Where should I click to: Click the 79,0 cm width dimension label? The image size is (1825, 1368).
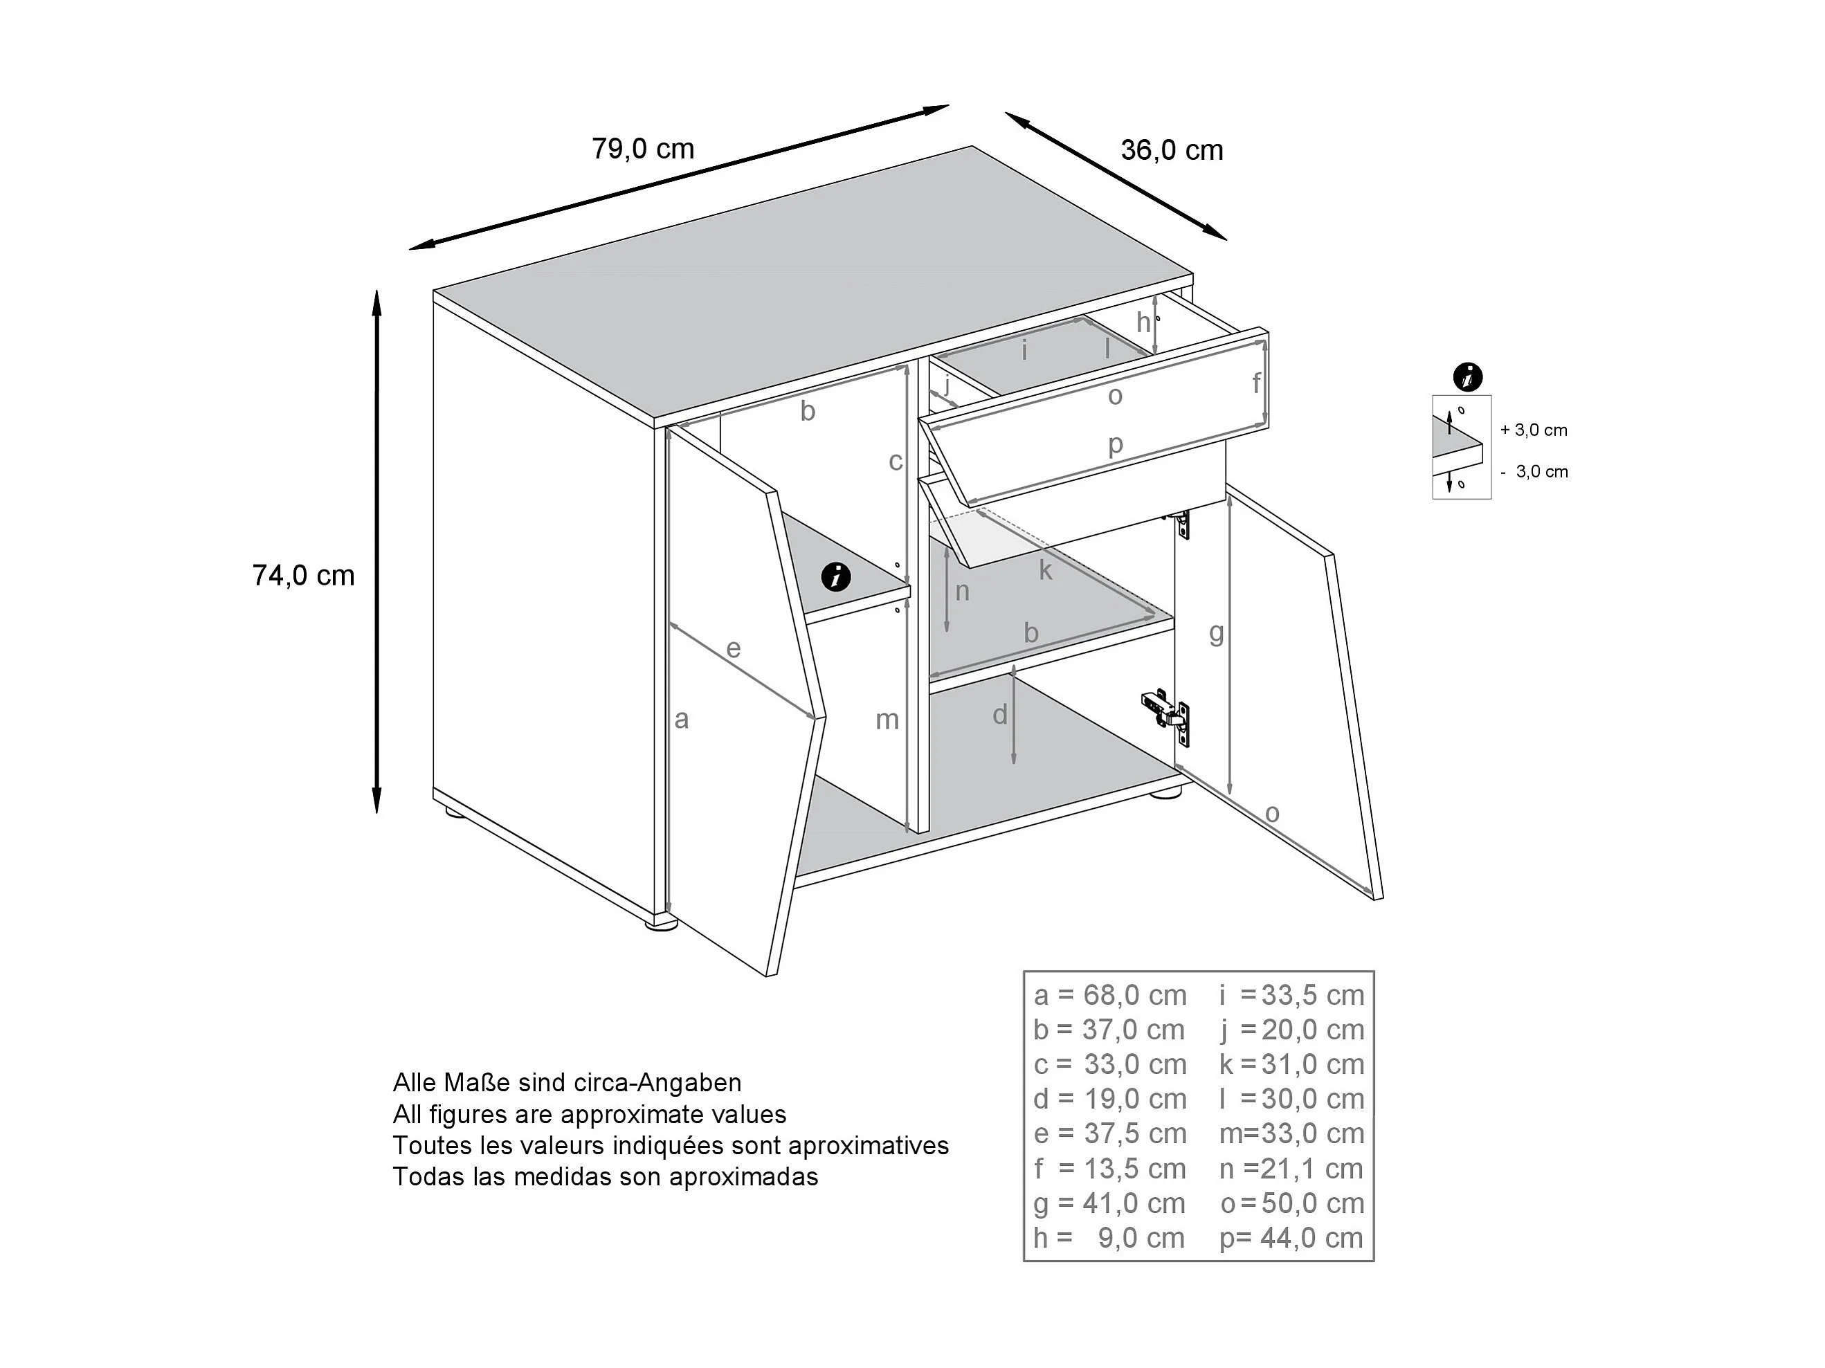643,149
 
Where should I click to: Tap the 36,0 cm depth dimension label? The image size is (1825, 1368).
1172,150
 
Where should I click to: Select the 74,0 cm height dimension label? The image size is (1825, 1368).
303,575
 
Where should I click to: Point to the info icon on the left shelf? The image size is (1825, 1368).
836,576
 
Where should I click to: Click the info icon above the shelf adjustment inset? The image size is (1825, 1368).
1467,377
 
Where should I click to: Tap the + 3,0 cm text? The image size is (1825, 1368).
1534,430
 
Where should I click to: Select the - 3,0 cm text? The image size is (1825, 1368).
1534,472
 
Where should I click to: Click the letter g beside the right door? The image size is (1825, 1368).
1216,633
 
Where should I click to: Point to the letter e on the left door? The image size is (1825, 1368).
733,648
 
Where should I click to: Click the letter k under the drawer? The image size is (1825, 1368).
1045,570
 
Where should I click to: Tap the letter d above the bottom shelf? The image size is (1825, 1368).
1000,715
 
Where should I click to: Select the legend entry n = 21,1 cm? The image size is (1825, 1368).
1291,1168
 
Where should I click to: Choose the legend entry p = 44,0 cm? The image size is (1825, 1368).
1291,1238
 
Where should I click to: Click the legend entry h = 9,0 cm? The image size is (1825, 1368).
1109,1238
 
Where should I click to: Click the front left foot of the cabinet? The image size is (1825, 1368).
661,926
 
